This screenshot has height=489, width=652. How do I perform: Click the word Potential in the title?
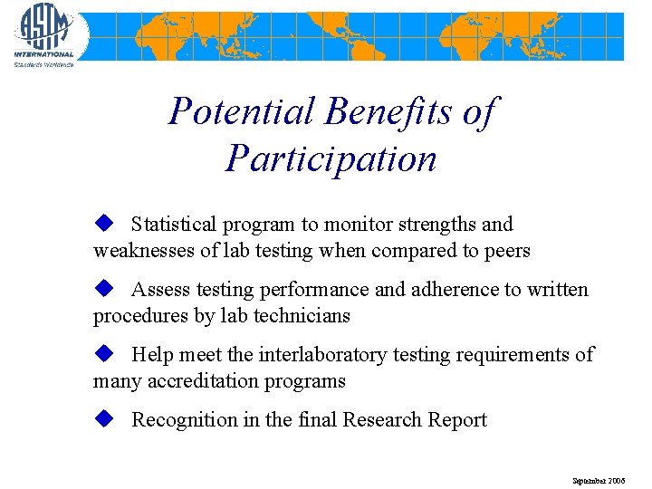(x=242, y=112)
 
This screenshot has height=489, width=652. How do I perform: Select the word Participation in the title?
(x=331, y=158)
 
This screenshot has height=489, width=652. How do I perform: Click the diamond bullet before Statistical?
(x=103, y=223)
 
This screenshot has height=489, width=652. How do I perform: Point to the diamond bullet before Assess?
(x=103, y=288)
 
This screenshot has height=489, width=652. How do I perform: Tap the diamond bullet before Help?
(x=103, y=353)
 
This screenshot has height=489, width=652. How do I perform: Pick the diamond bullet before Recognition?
(x=103, y=418)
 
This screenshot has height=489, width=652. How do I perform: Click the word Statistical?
(x=175, y=225)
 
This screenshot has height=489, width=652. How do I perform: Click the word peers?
(x=507, y=251)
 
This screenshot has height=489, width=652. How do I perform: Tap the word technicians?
(x=301, y=316)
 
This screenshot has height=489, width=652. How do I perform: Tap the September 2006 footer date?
(x=598, y=480)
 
